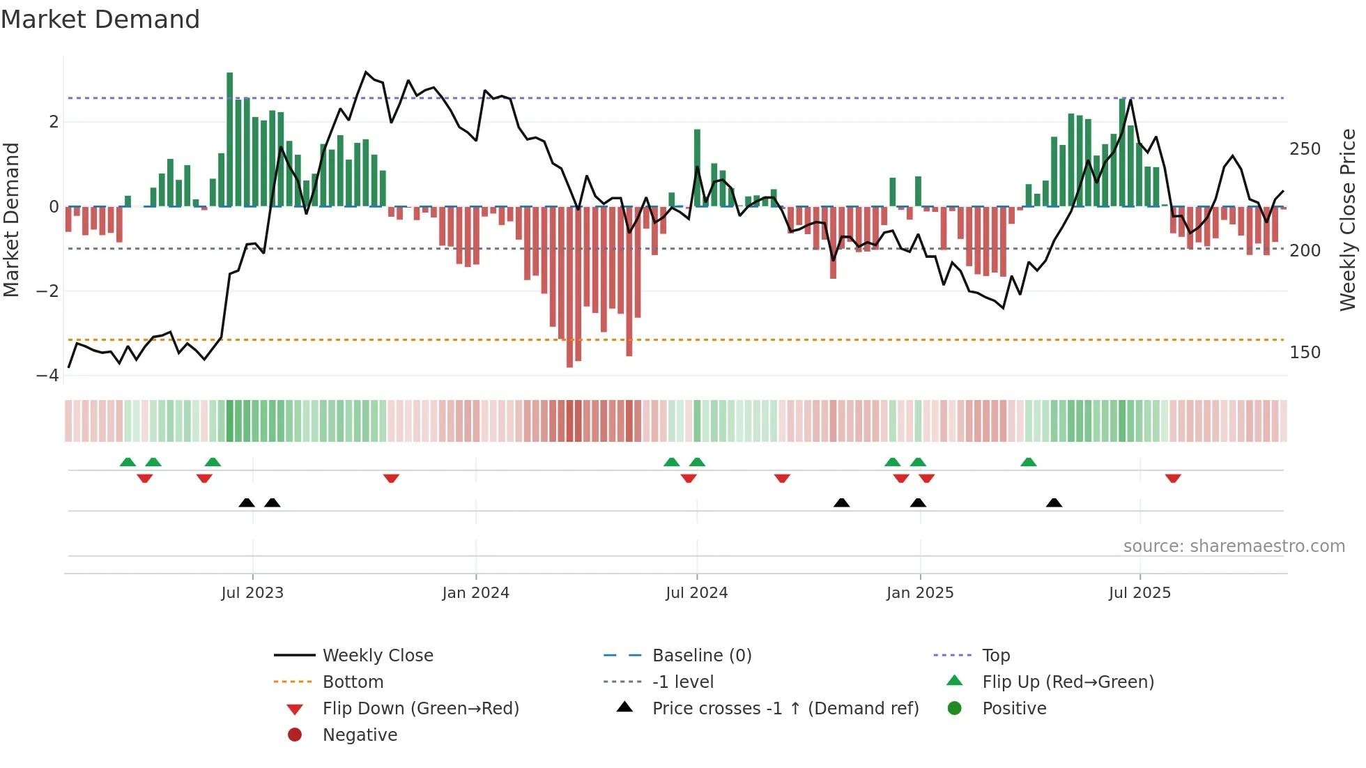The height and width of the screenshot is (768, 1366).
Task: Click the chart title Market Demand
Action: tap(100, 20)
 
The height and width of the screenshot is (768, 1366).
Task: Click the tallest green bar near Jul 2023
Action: tap(229, 139)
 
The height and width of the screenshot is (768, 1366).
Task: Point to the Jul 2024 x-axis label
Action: tap(696, 593)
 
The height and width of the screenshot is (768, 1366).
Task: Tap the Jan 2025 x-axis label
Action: tap(919, 593)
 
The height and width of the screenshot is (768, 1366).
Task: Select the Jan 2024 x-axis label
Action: tap(475, 593)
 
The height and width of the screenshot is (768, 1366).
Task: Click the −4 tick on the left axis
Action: tap(48, 376)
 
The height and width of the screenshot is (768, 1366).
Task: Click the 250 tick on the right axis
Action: tap(1305, 149)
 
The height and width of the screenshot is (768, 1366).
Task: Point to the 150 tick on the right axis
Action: tap(1305, 353)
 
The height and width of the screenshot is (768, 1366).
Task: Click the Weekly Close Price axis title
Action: tap(1348, 220)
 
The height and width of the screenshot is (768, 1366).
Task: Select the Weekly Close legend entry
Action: tap(377, 656)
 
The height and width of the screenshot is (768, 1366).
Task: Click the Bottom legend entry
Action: tap(353, 682)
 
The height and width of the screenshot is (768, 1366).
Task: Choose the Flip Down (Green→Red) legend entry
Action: tap(420, 709)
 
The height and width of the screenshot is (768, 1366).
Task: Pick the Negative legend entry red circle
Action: tap(295, 735)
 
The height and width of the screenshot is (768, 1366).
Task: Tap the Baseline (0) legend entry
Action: tap(701, 656)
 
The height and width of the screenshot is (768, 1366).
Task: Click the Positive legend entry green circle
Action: tap(955, 709)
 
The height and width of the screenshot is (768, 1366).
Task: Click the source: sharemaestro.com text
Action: tap(1234, 546)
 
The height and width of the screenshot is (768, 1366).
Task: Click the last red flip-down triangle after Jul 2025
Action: tap(1173, 478)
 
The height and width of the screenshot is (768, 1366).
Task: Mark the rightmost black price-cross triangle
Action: tap(1054, 502)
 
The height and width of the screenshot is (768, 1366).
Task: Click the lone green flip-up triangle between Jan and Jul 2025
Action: tap(1029, 462)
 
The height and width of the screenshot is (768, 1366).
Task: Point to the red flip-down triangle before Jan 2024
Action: tap(391, 478)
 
